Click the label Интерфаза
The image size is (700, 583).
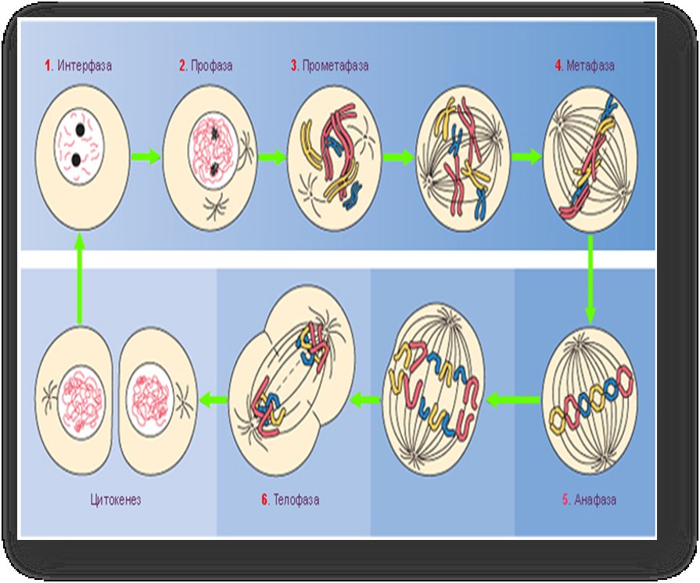pyautogui.click(x=84, y=66)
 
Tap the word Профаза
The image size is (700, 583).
pyautogui.click(x=212, y=66)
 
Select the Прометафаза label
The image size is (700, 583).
pyautogui.click(x=336, y=66)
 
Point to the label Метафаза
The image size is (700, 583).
pyautogui.click(x=591, y=66)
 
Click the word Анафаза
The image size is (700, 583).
pyautogui.click(x=595, y=499)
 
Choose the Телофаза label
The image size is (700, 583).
pyautogui.click(x=296, y=499)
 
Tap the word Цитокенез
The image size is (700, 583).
pyautogui.click(x=116, y=499)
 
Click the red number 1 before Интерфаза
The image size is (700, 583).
pyautogui.click(x=48, y=66)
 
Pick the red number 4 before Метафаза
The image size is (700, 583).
pyautogui.click(x=558, y=66)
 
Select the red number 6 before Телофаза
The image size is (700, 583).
pyautogui.click(x=264, y=499)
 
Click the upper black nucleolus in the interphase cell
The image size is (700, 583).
pyautogui.click(x=81, y=130)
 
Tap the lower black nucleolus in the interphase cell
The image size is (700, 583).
pyautogui.click(x=76, y=160)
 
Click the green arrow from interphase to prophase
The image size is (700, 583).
pyautogui.click(x=145, y=157)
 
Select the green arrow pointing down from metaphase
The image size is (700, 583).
pyautogui.click(x=591, y=279)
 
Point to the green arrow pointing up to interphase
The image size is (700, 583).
pyautogui.click(x=80, y=278)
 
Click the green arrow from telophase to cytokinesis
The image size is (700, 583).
pyautogui.click(x=213, y=399)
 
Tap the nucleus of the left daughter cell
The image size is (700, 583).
pyautogui.click(x=81, y=404)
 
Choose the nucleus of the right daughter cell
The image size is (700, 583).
pyautogui.click(x=149, y=399)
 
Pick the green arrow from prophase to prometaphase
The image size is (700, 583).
pyautogui.click(x=272, y=157)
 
